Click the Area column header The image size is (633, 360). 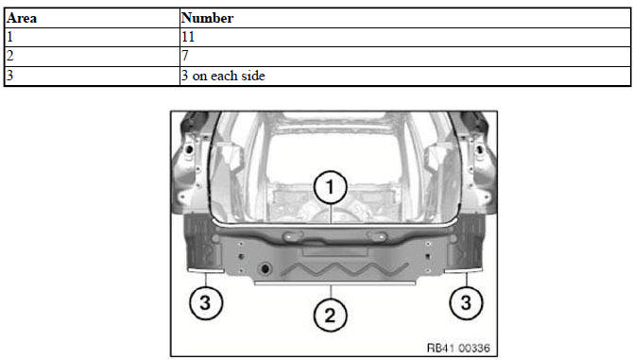tap(22, 18)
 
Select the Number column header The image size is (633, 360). tap(207, 18)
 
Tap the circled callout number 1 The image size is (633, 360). tap(331, 187)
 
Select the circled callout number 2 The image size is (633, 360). tap(331, 316)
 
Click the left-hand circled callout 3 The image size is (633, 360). tap(206, 302)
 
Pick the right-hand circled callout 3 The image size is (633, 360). tap(467, 302)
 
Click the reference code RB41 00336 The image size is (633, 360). tap(458, 348)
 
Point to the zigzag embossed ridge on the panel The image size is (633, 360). tap(344, 269)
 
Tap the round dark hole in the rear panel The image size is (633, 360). tap(265, 268)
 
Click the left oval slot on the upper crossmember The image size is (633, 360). tap(294, 236)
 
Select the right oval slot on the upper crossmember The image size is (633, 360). tap(376, 236)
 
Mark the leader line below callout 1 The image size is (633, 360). tap(331, 214)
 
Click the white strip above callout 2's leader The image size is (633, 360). tap(334, 283)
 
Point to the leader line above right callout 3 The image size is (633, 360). tap(467, 280)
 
